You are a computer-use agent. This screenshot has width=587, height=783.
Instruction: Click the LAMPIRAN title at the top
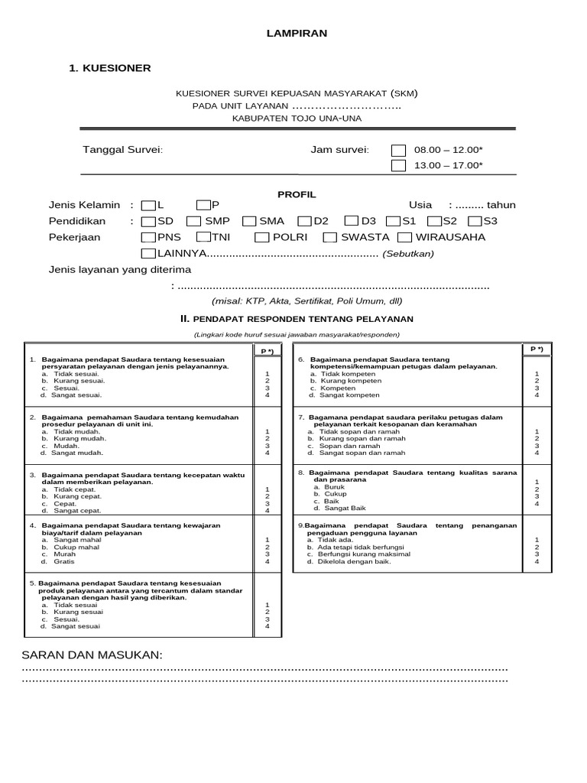297,34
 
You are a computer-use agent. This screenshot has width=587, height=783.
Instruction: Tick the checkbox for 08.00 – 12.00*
398,150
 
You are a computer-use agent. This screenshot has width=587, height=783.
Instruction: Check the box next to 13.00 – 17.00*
398,165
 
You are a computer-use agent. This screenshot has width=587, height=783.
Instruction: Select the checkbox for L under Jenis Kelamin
148,205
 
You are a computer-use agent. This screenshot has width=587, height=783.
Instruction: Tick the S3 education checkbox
474,221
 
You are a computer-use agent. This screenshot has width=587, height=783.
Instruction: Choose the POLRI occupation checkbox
261,237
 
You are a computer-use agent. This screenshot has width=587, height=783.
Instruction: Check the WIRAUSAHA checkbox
405,237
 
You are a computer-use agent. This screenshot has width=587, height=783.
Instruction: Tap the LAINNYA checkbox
148,253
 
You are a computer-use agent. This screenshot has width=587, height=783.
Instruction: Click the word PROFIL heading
296,195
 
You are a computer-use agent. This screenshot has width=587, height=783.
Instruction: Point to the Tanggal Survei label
122,149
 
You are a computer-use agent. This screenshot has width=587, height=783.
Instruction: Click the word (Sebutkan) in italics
408,253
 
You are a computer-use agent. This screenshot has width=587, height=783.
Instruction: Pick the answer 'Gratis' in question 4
63,562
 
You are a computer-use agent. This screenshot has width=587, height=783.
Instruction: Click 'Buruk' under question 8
335,486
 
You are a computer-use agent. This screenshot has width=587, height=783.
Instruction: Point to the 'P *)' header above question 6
536,349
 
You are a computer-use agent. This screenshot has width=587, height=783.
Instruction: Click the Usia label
420,205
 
